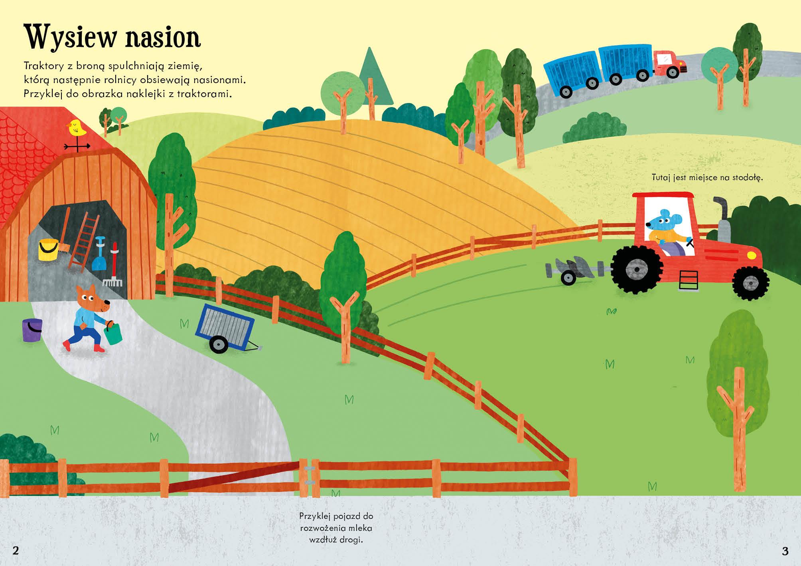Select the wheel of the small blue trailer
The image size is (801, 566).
(218, 345)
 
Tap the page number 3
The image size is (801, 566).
(785, 551)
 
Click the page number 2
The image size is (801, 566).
(16, 550)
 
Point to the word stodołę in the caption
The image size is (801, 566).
(748, 178)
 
